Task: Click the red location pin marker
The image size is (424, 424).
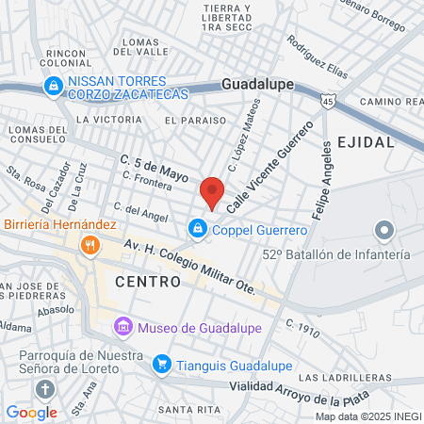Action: [x=212, y=192]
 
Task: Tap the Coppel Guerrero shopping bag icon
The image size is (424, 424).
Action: [x=198, y=228]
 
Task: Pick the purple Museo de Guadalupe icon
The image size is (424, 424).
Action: [x=122, y=327]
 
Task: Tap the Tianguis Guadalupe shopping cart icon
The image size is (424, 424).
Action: [x=162, y=363]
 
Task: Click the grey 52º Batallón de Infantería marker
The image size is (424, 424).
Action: [x=383, y=229]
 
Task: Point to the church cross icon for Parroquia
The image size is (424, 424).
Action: [x=44, y=390]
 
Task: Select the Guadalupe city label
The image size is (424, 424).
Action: [x=257, y=84]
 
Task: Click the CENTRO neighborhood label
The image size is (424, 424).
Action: [x=148, y=281]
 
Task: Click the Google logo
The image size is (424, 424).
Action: [x=31, y=412]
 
